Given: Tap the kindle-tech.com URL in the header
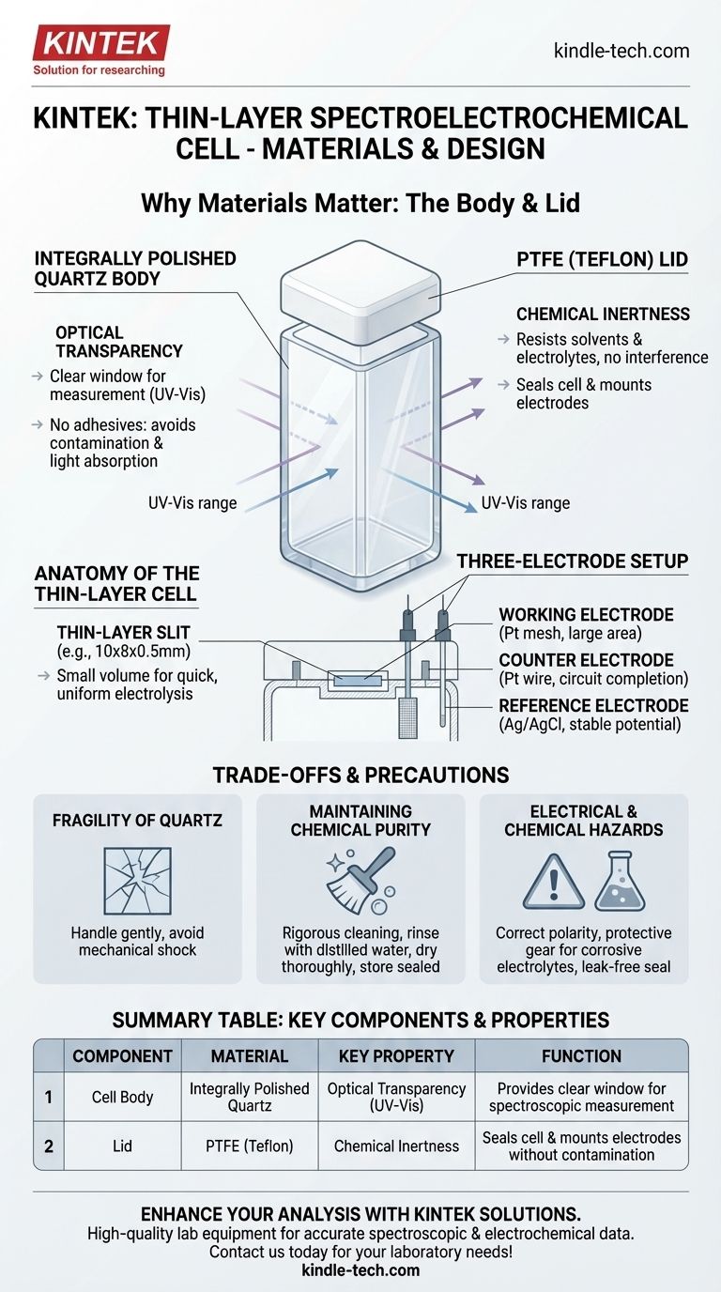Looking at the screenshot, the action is [621, 51].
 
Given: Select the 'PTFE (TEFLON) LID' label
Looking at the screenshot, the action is [602, 259].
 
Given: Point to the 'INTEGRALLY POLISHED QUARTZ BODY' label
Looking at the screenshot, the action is [135, 269].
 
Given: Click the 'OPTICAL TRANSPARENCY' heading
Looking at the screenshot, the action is [119, 342].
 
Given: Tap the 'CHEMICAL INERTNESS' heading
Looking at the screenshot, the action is [603, 314].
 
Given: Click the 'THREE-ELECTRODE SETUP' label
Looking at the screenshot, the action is [573, 561].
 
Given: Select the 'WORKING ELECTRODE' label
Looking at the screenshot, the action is [586, 615].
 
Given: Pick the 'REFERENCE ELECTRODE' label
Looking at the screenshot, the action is [593, 705].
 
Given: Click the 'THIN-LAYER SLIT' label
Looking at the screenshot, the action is [123, 632].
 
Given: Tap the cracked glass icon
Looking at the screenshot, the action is [137, 880].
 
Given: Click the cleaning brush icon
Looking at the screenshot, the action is [361, 880].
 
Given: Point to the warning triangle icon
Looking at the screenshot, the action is [553, 882].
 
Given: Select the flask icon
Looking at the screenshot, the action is [620, 882].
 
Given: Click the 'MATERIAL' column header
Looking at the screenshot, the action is [249, 1056].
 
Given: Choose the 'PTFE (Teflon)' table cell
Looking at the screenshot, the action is [249, 1146].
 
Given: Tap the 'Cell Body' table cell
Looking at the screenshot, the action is [122, 1097].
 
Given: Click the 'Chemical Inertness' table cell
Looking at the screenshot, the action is [396, 1146].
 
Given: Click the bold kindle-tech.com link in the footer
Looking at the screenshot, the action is [360, 1269].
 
